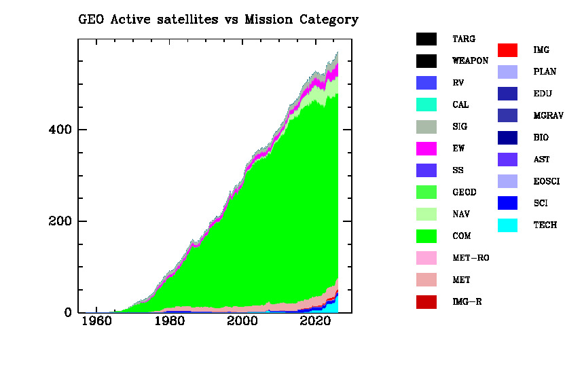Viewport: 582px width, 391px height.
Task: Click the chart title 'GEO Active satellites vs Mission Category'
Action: (218, 20)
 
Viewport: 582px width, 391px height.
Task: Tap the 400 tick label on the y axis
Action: (60, 130)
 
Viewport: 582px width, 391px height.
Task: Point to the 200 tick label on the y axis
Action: (60, 221)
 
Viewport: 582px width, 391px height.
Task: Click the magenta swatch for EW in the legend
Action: (426, 149)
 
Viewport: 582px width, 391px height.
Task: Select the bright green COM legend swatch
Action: (426, 236)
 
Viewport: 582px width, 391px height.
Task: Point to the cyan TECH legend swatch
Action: (507, 225)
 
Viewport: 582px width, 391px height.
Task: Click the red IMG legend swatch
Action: (507, 50)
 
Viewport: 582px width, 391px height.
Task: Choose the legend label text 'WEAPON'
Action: (470, 61)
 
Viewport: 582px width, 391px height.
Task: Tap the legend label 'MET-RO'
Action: (471, 258)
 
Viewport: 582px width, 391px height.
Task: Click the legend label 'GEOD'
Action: (465, 193)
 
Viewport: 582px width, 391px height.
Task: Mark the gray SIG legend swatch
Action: (426, 127)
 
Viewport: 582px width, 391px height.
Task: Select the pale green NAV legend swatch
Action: (426, 215)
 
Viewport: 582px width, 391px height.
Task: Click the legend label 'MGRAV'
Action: (548, 116)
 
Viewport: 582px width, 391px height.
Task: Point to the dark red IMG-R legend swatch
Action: (426, 302)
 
